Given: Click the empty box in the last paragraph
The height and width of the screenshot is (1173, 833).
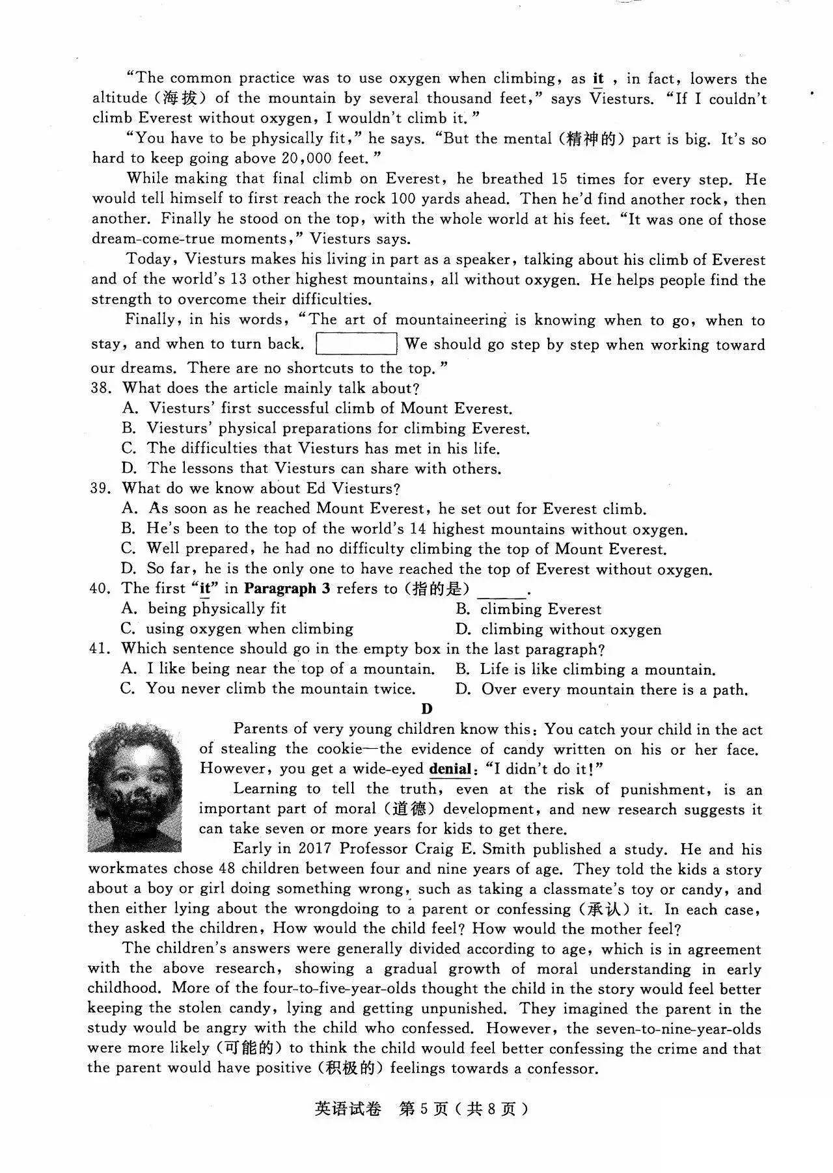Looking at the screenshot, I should [x=356, y=344].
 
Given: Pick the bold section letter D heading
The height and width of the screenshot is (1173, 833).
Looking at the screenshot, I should [x=427, y=708].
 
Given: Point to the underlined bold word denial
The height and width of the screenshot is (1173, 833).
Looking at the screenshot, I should [x=450, y=769].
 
